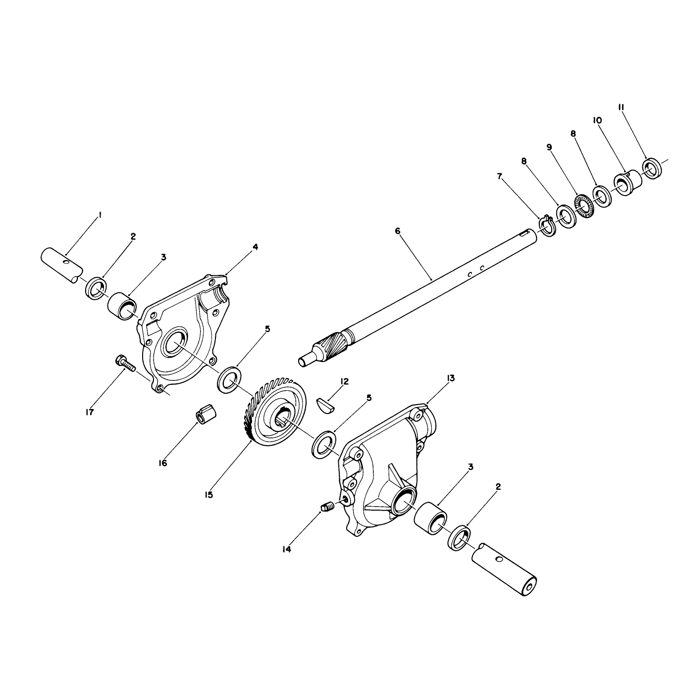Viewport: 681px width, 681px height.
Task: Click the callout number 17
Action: point(90,412)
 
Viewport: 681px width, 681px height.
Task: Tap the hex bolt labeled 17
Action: point(125,364)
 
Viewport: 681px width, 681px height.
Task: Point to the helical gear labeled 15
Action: point(274,412)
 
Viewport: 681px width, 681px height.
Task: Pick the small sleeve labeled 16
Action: point(207,413)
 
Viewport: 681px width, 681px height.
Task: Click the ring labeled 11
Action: point(652,168)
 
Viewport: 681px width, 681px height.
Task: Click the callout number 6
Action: point(398,231)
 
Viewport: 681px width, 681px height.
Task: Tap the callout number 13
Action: point(451,378)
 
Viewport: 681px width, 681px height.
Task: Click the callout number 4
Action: point(255,247)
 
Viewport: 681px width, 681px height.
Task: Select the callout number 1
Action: point(100,214)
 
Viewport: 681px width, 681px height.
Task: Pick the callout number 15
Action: point(209,495)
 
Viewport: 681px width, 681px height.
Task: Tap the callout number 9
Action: point(549,147)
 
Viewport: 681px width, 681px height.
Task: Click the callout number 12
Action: point(344,381)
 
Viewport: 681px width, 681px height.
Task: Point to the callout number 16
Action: point(162,463)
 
